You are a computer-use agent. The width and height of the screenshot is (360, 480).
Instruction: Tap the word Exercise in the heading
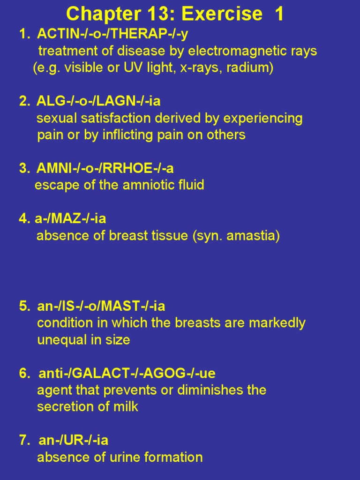pyautogui.click(x=222, y=14)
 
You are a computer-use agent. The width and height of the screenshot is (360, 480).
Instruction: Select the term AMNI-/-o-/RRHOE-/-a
pyautogui.click(x=105, y=168)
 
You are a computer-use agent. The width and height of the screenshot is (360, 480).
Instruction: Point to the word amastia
pyautogui.click(x=253, y=235)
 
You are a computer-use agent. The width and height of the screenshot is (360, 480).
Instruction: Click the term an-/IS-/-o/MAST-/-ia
pyautogui.click(x=101, y=307)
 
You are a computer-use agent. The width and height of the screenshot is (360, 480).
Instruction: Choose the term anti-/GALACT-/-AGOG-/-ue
pyautogui.click(x=127, y=374)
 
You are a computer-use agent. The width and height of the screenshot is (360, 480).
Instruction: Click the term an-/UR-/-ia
pyautogui.click(x=73, y=441)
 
